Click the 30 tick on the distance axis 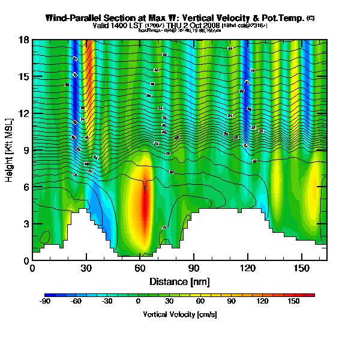coord(86,268)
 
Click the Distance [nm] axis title coord(179,281)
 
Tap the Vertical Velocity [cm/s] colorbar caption coord(179,314)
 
